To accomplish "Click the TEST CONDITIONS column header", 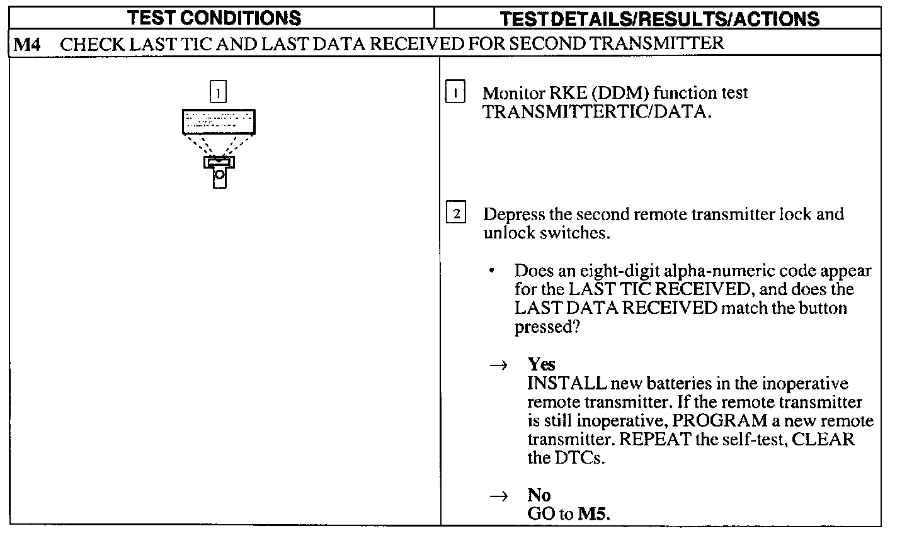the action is pos(214,18).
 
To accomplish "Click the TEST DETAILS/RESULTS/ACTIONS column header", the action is pos(659,18).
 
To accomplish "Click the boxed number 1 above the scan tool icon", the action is pos(217,93).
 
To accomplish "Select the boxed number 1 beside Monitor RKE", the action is pos(455,93).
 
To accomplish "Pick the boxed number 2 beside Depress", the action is pos(455,214).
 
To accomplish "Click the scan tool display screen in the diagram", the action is pos(219,121).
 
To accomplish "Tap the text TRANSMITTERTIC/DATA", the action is pos(597,112).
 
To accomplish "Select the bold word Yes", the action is pos(542,365).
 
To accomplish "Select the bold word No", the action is pos(539,495).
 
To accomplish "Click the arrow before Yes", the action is pos(499,366).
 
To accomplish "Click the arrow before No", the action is pos(499,496).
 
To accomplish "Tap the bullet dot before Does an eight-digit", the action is pos(491,271).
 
